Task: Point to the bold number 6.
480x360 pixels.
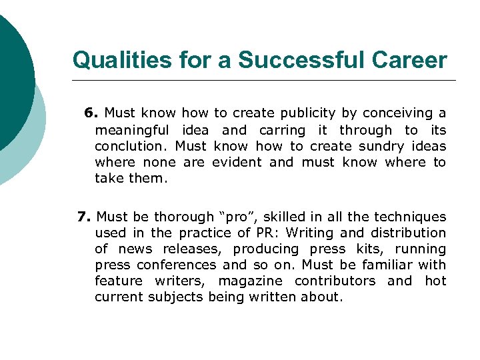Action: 91,113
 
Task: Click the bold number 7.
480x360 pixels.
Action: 83,217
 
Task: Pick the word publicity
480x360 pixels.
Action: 306,113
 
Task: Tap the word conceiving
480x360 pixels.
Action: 393,113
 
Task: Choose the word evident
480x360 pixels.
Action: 237,162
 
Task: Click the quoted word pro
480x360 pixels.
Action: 237,217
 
